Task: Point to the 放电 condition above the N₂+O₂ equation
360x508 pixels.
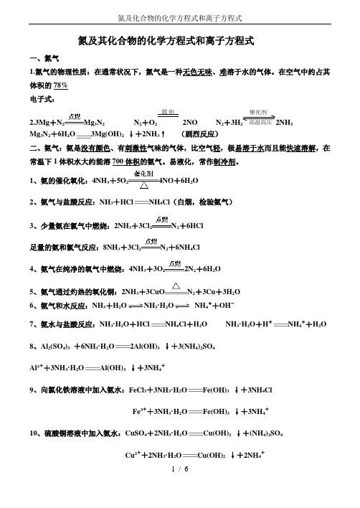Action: click(169, 113)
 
